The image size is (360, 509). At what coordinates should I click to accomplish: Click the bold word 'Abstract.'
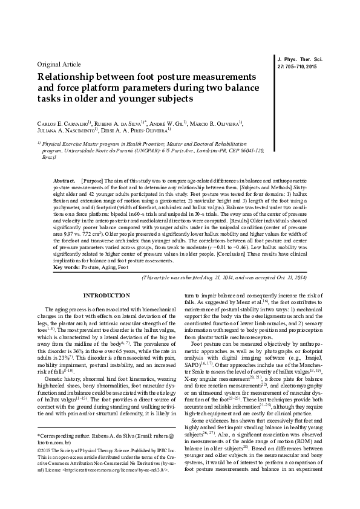click(65, 164)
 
